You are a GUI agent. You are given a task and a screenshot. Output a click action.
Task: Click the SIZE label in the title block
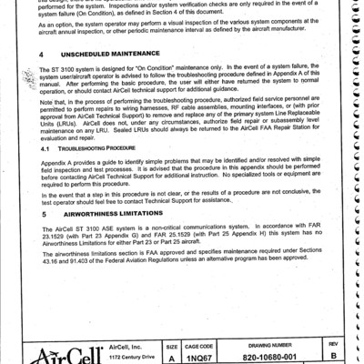(x=171, y=345)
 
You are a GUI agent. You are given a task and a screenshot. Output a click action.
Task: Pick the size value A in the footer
(x=171, y=358)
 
